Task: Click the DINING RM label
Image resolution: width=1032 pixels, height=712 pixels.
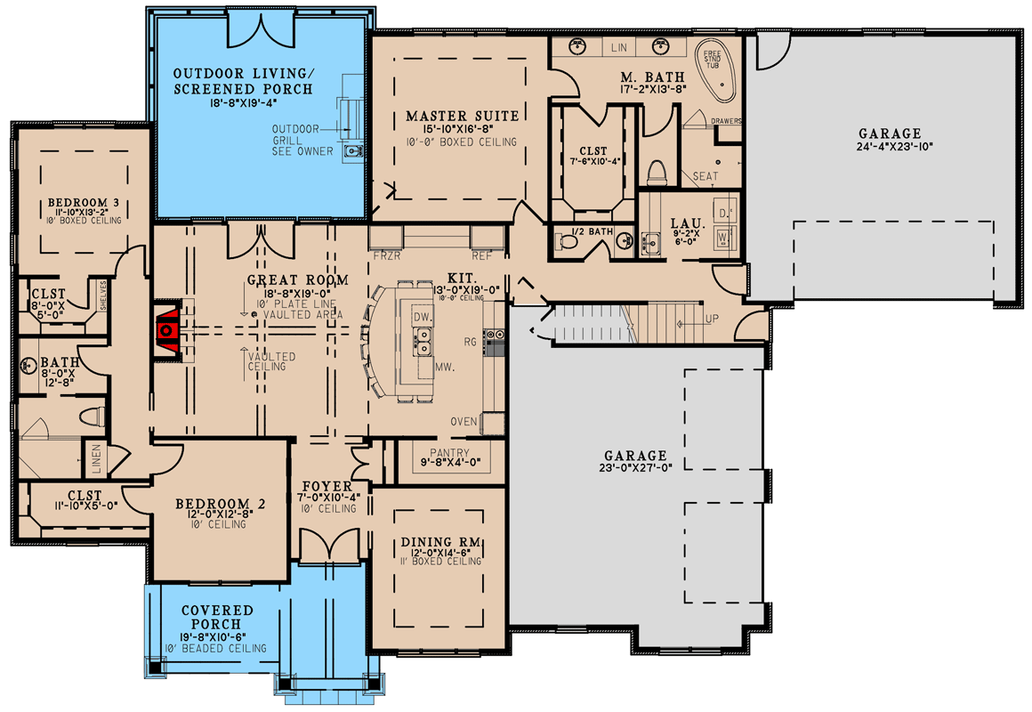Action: [440, 542]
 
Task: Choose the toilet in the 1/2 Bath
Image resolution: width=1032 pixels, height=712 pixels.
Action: [566, 239]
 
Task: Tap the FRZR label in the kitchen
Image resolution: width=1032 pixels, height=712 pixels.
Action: [385, 255]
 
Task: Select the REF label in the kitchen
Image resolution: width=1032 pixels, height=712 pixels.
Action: [481, 255]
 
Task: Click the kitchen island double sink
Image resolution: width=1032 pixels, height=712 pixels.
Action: [421, 336]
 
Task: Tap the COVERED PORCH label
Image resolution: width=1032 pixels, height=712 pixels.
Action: [218, 617]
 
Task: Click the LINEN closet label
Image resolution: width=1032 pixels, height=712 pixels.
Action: [97, 458]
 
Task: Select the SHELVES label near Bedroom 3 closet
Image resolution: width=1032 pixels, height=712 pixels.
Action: [104, 294]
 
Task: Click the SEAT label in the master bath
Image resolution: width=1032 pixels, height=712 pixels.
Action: [705, 176]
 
